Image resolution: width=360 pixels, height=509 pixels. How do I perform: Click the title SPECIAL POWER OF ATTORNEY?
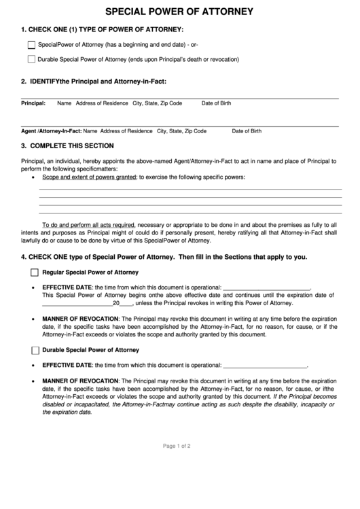point(180,12)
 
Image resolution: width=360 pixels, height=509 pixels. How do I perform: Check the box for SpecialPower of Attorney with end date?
point(31,45)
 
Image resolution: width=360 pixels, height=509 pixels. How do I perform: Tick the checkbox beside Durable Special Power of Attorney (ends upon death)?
point(31,59)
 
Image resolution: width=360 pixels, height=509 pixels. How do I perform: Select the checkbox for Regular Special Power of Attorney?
point(35,272)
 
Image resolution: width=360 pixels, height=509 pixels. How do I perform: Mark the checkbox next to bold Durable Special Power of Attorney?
point(35,350)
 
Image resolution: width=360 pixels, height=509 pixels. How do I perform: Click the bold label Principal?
point(33,103)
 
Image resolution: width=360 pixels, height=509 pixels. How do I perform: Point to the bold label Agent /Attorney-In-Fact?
point(51,130)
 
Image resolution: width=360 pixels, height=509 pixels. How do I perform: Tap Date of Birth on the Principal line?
point(216,103)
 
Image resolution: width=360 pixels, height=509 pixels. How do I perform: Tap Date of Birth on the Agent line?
point(247,130)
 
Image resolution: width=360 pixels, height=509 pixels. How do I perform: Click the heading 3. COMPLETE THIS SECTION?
point(67,145)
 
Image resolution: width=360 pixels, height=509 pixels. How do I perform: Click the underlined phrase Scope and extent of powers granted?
point(89,177)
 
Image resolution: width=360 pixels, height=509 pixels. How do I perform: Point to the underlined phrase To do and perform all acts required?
point(88,224)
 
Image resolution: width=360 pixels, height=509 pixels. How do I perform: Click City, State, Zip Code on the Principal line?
point(157,103)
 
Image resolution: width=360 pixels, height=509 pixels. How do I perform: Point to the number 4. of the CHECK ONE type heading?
point(24,257)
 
